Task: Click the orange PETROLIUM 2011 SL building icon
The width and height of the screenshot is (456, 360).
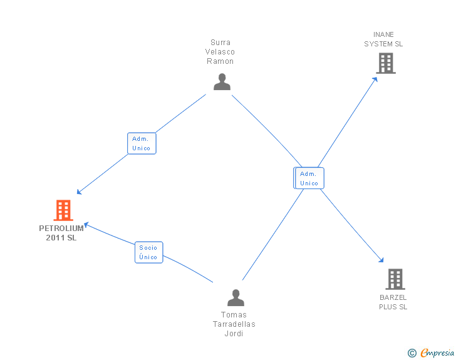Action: [x=63, y=210]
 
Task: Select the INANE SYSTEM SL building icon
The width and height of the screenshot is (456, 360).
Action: [x=386, y=63]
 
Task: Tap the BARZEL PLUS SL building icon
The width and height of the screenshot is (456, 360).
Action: [x=395, y=279]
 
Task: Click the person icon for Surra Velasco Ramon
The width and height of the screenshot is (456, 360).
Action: [x=222, y=82]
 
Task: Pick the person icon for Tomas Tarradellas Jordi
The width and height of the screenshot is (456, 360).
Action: [x=236, y=297]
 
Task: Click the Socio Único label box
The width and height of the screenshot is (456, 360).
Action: [x=149, y=252]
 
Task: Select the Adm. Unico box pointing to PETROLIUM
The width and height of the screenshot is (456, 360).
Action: [x=142, y=143]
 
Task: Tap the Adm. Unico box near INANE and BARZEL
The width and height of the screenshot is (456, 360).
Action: [x=309, y=178]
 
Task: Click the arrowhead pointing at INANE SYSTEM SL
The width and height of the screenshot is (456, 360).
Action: [x=375, y=80]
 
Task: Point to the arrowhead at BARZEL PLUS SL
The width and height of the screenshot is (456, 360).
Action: [x=381, y=260]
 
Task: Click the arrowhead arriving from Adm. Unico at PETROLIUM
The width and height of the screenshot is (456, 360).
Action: [x=79, y=192]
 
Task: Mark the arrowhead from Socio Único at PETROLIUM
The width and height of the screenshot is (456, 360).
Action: [x=86, y=225]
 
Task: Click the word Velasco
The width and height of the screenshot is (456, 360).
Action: [x=220, y=52]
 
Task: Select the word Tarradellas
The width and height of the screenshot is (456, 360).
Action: [x=234, y=324]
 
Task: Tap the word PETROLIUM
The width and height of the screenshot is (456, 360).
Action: [x=61, y=229]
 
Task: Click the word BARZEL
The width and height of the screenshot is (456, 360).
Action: [x=393, y=297]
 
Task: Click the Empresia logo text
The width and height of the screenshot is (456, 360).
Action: [x=437, y=352]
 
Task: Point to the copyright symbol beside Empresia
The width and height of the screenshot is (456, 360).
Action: [x=412, y=353]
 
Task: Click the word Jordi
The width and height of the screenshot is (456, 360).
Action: [x=234, y=333]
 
